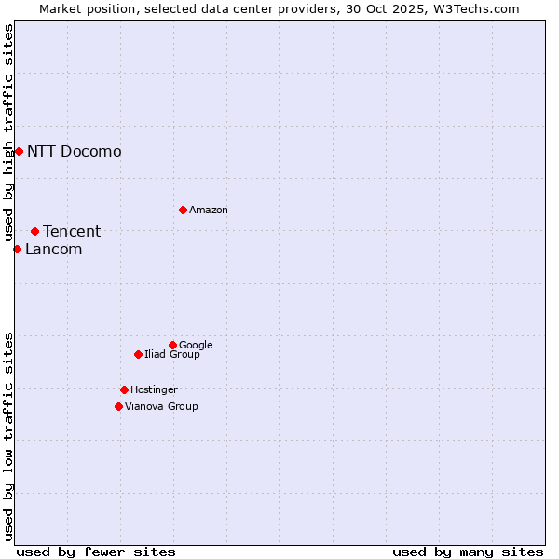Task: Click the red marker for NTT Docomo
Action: click(x=19, y=151)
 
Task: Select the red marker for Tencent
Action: click(x=34, y=231)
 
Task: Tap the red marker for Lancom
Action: click(x=17, y=249)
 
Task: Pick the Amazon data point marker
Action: click(x=183, y=210)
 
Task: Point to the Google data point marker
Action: click(x=172, y=345)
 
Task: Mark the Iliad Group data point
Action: click(x=138, y=354)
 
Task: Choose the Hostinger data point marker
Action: click(x=124, y=389)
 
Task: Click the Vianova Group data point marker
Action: click(x=118, y=406)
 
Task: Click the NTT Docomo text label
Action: click(x=75, y=152)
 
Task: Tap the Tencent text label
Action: click(x=72, y=232)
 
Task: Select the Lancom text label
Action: click(x=54, y=250)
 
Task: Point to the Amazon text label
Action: click(x=209, y=211)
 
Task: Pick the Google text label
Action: click(x=196, y=346)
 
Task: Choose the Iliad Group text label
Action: click(x=172, y=355)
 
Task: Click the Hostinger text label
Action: click(x=154, y=390)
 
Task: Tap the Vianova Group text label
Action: click(x=161, y=407)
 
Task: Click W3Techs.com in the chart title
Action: click(x=474, y=9)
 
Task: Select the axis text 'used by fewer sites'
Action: click(x=96, y=552)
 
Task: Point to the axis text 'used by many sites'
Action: click(x=468, y=552)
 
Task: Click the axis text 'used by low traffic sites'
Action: click(x=9, y=436)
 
